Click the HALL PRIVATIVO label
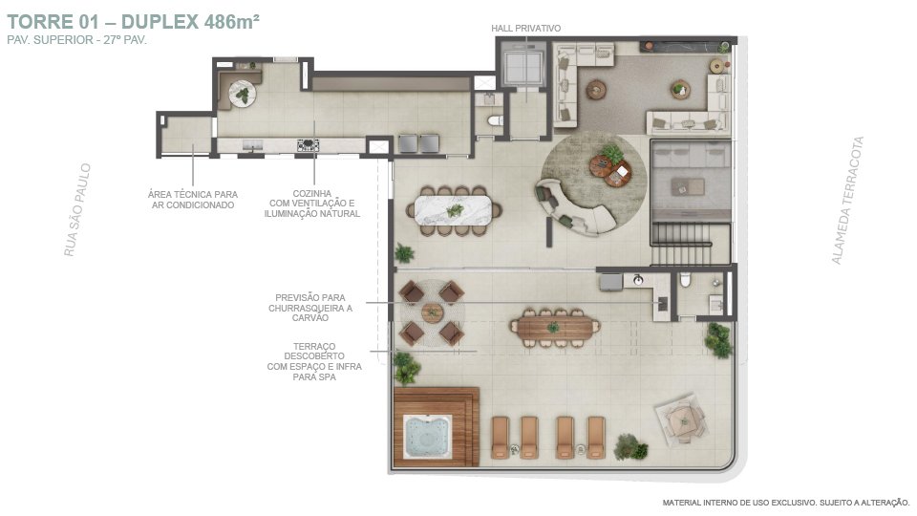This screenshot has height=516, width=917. [x=525, y=28]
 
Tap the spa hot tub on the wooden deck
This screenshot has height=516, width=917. [x=428, y=437]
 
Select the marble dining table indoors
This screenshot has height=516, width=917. [x=453, y=210]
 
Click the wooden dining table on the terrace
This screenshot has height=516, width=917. [x=555, y=328]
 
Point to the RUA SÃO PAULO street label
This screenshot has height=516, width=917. [x=77, y=209]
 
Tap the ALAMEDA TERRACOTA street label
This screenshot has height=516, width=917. [x=847, y=200]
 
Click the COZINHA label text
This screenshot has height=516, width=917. [x=311, y=193]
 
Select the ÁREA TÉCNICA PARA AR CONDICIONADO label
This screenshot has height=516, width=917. [x=193, y=200]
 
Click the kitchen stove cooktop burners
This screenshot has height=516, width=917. [x=308, y=145]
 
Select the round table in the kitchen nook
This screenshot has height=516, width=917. [x=242, y=94]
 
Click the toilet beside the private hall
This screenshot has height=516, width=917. [x=496, y=120]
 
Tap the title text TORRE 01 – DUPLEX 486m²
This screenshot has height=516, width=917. [x=133, y=22]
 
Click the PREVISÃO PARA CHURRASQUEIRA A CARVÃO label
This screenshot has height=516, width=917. [x=310, y=308]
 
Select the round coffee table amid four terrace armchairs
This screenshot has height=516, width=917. [x=432, y=312]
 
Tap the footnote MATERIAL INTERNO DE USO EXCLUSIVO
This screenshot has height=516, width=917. [x=739, y=503]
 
